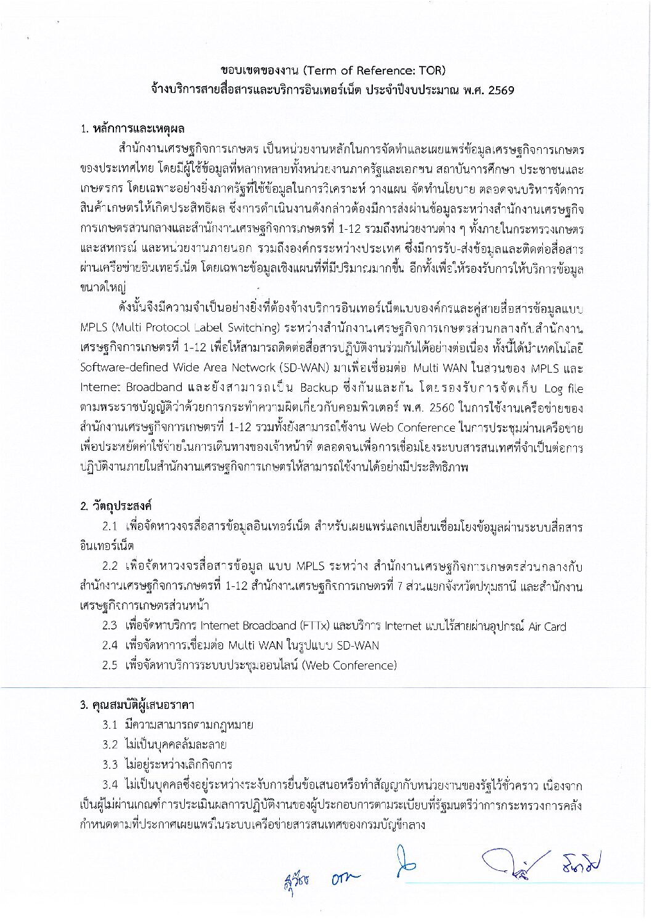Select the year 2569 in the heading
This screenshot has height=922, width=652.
501,91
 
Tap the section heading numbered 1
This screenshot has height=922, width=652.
132,129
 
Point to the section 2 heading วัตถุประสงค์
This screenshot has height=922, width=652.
116,506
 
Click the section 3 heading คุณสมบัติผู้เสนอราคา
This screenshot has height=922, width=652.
137,705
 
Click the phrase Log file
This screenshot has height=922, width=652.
563,388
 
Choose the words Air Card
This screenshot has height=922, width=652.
547,626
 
